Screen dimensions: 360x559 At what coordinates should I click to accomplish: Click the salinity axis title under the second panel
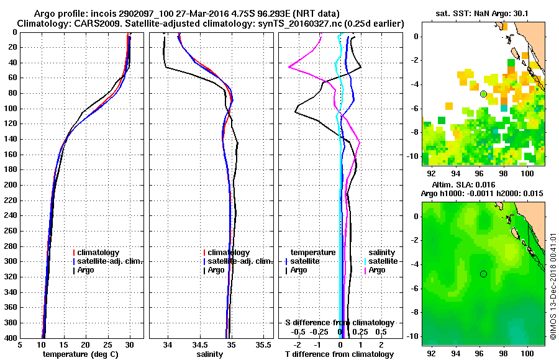click(x=211, y=354)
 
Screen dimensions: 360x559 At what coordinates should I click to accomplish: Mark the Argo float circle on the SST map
click(x=483, y=94)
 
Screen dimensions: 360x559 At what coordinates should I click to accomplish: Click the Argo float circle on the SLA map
click(x=483, y=274)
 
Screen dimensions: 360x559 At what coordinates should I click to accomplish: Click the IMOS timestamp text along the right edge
click(x=552, y=285)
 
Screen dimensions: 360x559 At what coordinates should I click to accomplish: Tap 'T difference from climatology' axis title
click(x=339, y=354)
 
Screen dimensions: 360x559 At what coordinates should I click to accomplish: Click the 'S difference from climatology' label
click(x=339, y=323)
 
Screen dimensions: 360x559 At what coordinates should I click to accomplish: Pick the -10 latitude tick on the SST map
click(x=413, y=155)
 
